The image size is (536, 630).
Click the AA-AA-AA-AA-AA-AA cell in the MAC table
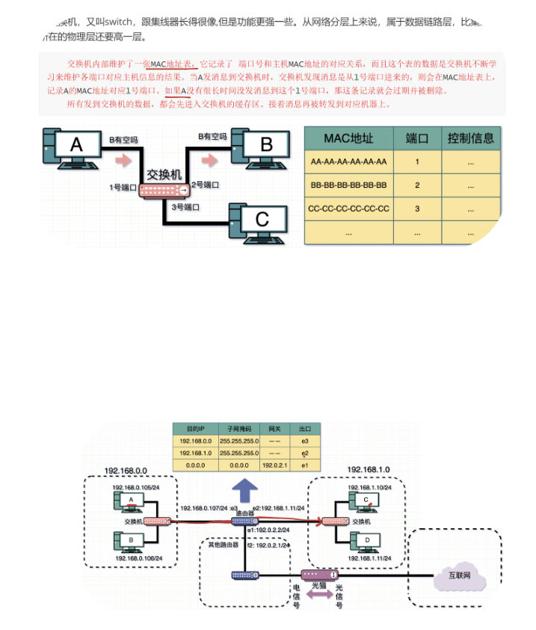click(x=348, y=162)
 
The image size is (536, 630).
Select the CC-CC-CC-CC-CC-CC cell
click(x=348, y=209)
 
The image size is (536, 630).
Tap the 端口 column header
click(x=417, y=138)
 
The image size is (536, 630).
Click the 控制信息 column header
click(x=470, y=138)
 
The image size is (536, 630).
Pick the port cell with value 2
click(x=417, y=185)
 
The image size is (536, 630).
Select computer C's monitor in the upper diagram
click(x=262, y=218)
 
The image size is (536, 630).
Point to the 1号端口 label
click(x=124, y=187)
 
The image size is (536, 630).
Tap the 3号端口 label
click(x=185, y=206)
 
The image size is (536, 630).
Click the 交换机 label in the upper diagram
click(x=164, y=174)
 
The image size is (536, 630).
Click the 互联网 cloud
click(x=459, y=575)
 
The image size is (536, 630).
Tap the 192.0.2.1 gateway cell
click(x=274, y=465)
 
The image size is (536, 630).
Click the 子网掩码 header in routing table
click(x=238, y=429)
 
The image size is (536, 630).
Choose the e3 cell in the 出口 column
click(x=305, y=441)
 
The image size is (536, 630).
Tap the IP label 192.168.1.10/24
click(x=368, y=487)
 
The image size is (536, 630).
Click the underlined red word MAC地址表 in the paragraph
click(x=172, y=64)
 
